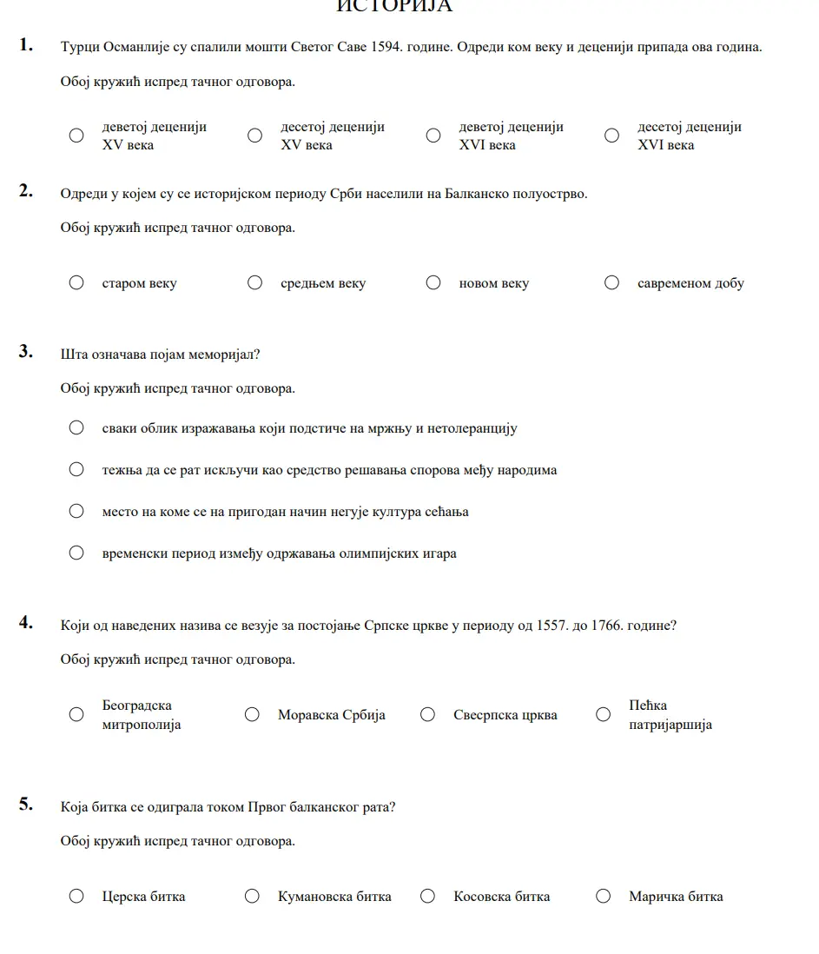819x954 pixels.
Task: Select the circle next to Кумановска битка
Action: (x=252, y=896)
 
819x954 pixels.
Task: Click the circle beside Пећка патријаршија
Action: (x=603, y=714)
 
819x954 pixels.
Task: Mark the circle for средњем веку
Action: (x=254, y=282)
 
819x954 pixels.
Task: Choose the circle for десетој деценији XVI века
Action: (x=611, y=136)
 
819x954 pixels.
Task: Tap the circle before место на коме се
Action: (x=76, y=511)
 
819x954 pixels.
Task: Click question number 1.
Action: (x=26, y=45)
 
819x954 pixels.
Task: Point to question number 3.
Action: (x=26, y=352)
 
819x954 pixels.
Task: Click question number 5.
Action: (x=26, y=804)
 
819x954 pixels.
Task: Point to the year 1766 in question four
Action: (x=606, y=626)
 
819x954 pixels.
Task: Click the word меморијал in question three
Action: (x=228, y=354)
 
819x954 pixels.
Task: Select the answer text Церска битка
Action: (x=143, y=897)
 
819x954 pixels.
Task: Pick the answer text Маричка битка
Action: (x=676, y=897)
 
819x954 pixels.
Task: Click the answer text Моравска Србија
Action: (x=331, y=715)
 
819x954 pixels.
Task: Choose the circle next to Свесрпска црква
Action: (x=427, y=714)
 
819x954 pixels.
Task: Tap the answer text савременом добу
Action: (x=690, y=283)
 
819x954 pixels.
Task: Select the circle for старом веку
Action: (x=76, y=282)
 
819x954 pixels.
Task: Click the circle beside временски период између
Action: (x=76, y=553)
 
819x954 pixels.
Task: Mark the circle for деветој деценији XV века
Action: (x=76, y=136)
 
